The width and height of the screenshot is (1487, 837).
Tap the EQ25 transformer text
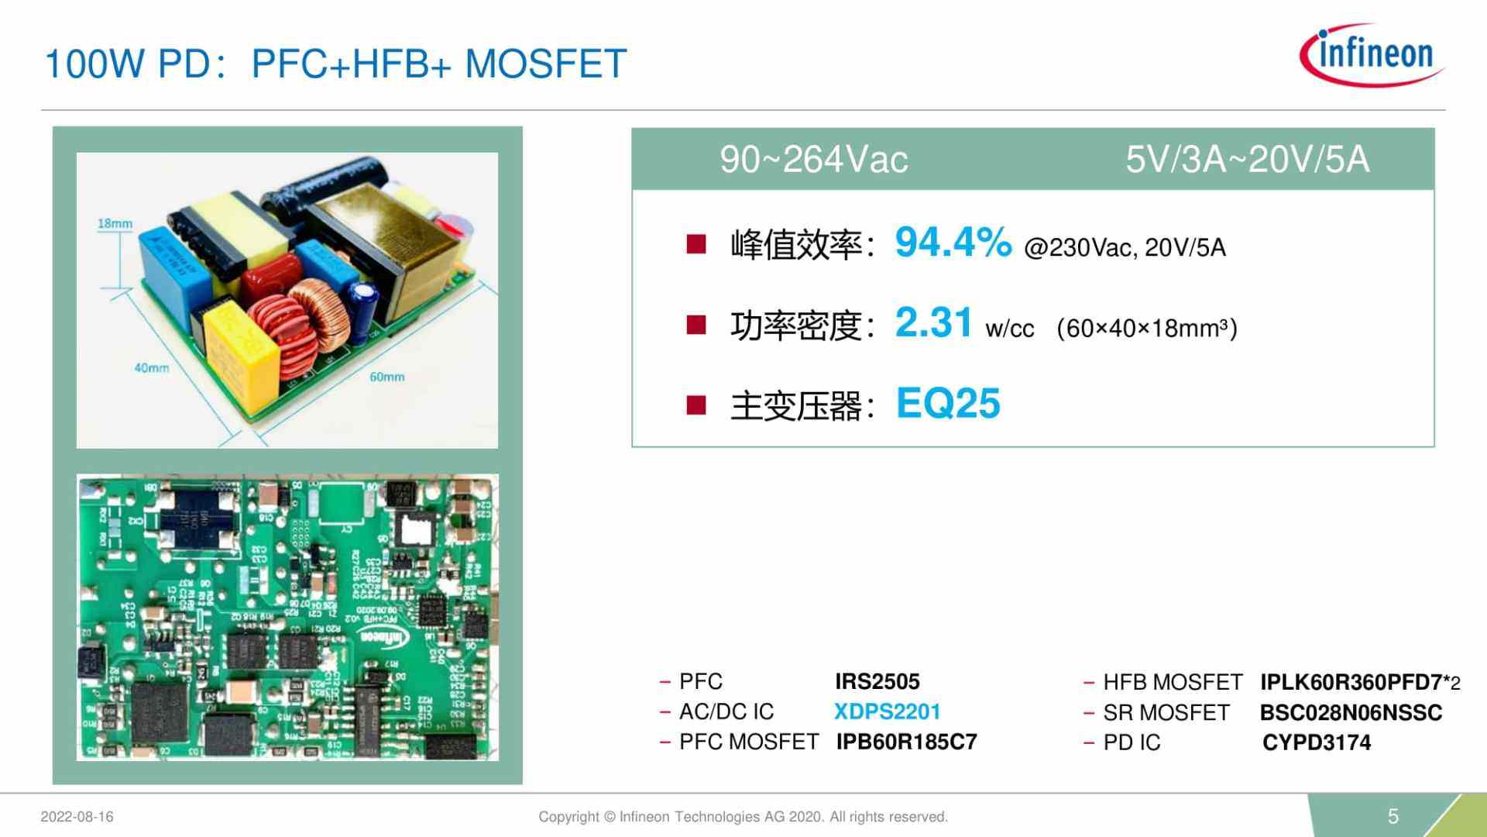948,404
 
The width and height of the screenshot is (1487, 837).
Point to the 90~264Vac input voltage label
813,160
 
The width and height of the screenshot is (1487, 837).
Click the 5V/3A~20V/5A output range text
1247,160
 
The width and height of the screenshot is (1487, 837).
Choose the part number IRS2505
877,682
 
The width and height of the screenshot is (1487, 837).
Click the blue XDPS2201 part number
887,712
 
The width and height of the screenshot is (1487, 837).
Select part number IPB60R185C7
906,742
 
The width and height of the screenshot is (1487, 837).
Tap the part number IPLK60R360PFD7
1351,683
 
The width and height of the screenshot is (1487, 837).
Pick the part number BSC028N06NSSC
1351,713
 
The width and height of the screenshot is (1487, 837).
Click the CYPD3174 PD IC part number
1316,743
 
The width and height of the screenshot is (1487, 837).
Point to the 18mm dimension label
115,224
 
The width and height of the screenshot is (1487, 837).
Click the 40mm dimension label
151,368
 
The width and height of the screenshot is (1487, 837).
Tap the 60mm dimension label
386,377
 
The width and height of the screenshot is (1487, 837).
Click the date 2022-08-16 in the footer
77,817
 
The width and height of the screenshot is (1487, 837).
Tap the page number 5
1393,816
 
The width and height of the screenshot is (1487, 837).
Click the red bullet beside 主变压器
696,405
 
